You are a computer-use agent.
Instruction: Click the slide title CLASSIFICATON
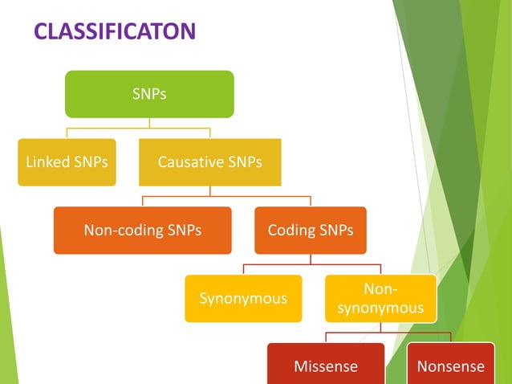click(x=115, y=31)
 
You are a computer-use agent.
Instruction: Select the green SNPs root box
click(x=149, y=94)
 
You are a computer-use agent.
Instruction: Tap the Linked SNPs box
click(x=67, y=162)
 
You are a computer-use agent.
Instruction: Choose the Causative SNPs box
click(x=209, y=162)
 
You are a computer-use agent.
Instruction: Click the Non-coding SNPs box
click(x=142, y=231)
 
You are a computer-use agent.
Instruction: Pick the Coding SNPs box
click(x=310, y=231)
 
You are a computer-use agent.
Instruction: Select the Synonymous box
click(x=243, y=299)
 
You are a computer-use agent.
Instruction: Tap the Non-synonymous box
click(x=380, y=299)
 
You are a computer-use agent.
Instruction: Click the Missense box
click(x=325, y=366)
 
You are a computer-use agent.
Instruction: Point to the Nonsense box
click(x=450, y=366)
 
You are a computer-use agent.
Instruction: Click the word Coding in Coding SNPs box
click(x=293, y=231)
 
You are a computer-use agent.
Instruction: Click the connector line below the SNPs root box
click(x=149, y=123)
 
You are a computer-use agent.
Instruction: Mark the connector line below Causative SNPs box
click(x=209, y=191)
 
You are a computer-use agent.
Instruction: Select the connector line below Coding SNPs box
click(x=310, y=259)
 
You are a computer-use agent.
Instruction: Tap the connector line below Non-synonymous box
click(x=380, y=328)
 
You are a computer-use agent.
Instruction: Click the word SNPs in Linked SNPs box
click(x=89, y=162)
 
